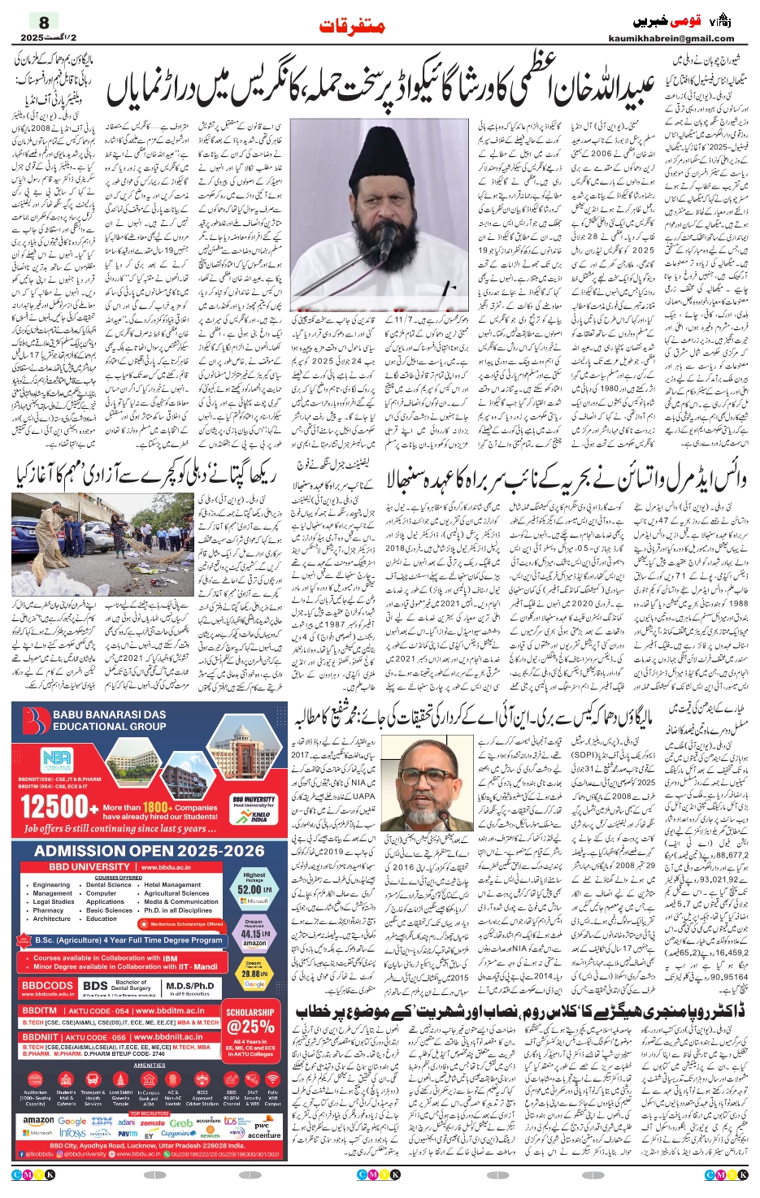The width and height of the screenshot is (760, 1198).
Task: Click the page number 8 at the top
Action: coord(44,22)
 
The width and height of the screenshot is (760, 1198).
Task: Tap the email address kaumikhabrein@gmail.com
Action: coord(671,38)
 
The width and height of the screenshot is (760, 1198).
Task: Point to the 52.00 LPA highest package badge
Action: coord(254,886)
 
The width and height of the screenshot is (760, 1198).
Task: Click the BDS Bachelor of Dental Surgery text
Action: coord(119,987)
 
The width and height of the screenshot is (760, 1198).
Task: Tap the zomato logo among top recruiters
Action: coord(152,1122)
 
